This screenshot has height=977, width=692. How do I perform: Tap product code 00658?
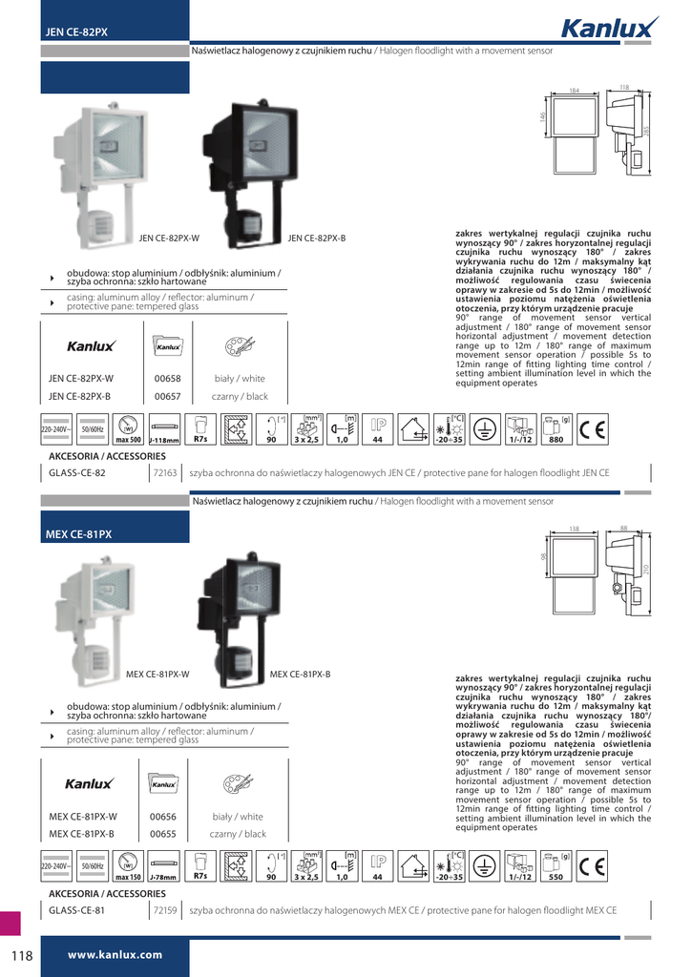[x=166, y=379]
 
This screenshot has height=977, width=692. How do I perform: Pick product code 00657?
[x=166, y=397]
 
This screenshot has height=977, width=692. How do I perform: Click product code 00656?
[x=164, y=817]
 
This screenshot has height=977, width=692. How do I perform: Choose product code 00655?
[x=164, y=834]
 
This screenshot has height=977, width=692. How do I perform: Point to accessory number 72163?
[x=166, y=472]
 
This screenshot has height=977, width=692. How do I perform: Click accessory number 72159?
[x=166, y=910]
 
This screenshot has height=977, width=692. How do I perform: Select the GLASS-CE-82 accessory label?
[x=77, y=472]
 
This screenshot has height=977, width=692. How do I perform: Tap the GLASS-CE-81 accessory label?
[x=77, y=910]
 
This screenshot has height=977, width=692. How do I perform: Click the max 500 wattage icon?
[x=129, y=430]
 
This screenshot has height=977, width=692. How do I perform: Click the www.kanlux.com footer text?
[x=115, y=954]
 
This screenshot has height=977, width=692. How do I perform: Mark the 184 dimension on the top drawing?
[x=575, y=91]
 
